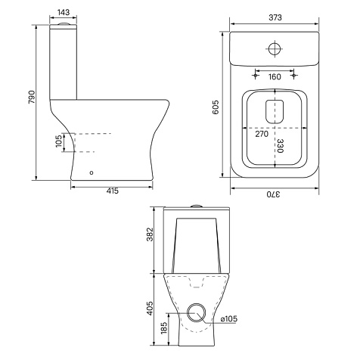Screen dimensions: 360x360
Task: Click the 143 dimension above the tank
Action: coord(64,12)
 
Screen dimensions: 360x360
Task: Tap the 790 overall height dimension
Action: coord(32,97)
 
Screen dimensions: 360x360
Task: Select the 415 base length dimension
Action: coord(112,191)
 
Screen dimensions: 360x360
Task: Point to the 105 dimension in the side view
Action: coord(58,141)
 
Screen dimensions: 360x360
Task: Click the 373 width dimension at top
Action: coord(275,17)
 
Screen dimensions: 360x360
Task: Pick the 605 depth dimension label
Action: coord(216,107)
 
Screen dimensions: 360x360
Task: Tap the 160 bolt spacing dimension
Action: coord(275,76)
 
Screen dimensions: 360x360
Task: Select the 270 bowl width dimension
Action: coord(262,134)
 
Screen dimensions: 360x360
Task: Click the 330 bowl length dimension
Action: coord(280,146)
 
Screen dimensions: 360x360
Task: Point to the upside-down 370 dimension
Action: coord(273,194)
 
